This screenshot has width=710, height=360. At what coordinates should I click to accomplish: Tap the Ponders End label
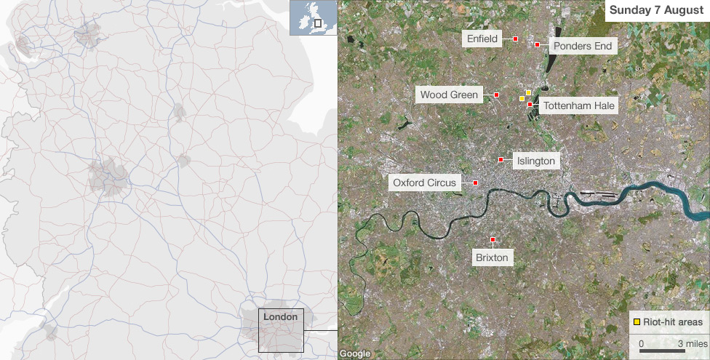[x=583, y=46]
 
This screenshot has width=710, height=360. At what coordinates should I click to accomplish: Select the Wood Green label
[x=450, y=95]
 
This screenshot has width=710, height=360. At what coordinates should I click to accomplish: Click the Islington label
[x=535, y=161]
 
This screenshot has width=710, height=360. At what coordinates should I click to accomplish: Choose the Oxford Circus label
[x=425, y=183]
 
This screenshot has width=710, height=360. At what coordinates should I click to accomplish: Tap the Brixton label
[x=492, y=257]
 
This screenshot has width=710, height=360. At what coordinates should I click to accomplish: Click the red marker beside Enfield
[x=515, y=39]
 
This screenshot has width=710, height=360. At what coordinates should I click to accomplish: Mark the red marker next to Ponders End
[x=537, y=45]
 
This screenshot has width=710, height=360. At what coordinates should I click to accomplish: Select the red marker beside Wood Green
[x=496, y=95]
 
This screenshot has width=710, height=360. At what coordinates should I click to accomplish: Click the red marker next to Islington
[x=500, y=159]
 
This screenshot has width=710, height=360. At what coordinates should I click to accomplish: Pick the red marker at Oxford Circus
[x=475, y=183]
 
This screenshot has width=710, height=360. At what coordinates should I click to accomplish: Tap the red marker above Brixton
[x=492, y=239]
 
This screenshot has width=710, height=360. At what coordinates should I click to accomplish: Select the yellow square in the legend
[x=637, y=321]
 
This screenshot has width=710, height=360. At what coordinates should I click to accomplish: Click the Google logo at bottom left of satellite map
[x=355, y=353]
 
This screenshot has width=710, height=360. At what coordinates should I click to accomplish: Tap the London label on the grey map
[x=280, y=317]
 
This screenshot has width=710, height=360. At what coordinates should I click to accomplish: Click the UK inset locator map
[x=313, y=17]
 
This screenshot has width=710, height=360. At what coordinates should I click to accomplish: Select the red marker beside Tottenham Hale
[x=530, y=105]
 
